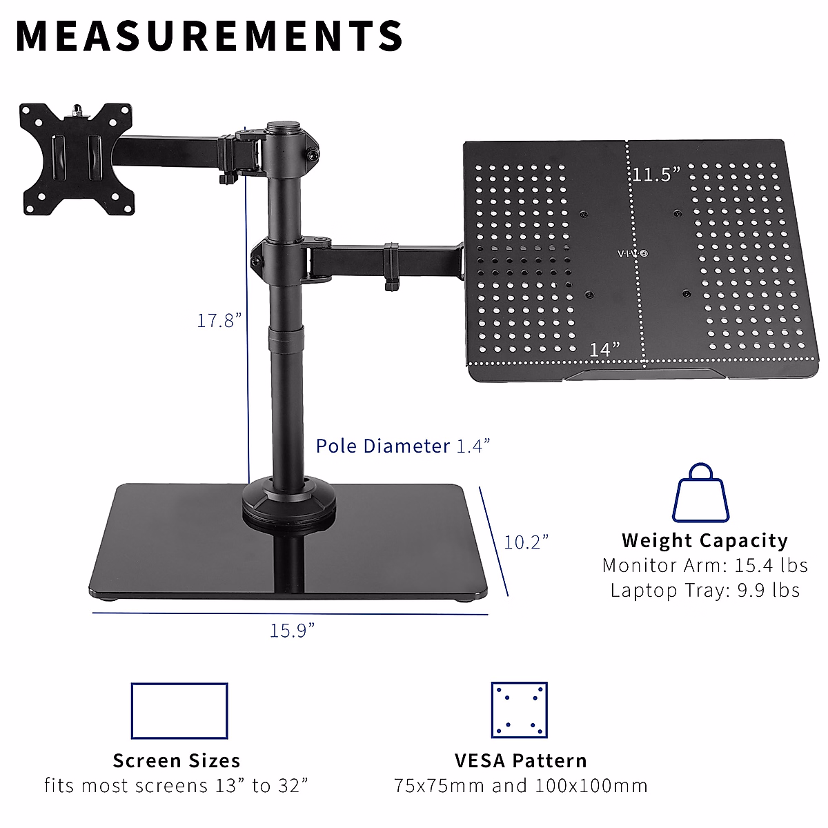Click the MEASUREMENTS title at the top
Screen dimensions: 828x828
[x=209, y=36]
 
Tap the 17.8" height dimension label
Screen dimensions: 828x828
[x=219, y=320]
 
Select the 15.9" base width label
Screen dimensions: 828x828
[x=292, y=631]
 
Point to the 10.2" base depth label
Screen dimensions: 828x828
[x=526, y=542]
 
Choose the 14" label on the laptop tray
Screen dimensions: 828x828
[x=604, y=349]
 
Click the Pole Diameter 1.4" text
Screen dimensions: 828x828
[x=403, y=446]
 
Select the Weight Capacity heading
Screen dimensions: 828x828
[x=704, y=540]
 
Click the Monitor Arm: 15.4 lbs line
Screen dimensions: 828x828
[x=704, y=565]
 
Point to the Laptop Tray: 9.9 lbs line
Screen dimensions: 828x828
[x=704, y=590]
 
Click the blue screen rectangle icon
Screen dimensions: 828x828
[x=179, y=711]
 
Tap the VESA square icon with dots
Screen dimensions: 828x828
[x=519, y=710]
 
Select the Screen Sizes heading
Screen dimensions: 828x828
[x=177, y=760]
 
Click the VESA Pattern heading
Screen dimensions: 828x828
[x=521, y=760]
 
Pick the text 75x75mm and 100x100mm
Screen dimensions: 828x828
[x=521, y=785]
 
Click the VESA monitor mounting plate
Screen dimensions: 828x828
[x=75, y=158]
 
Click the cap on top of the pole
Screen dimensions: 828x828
[x=285, y=127]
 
